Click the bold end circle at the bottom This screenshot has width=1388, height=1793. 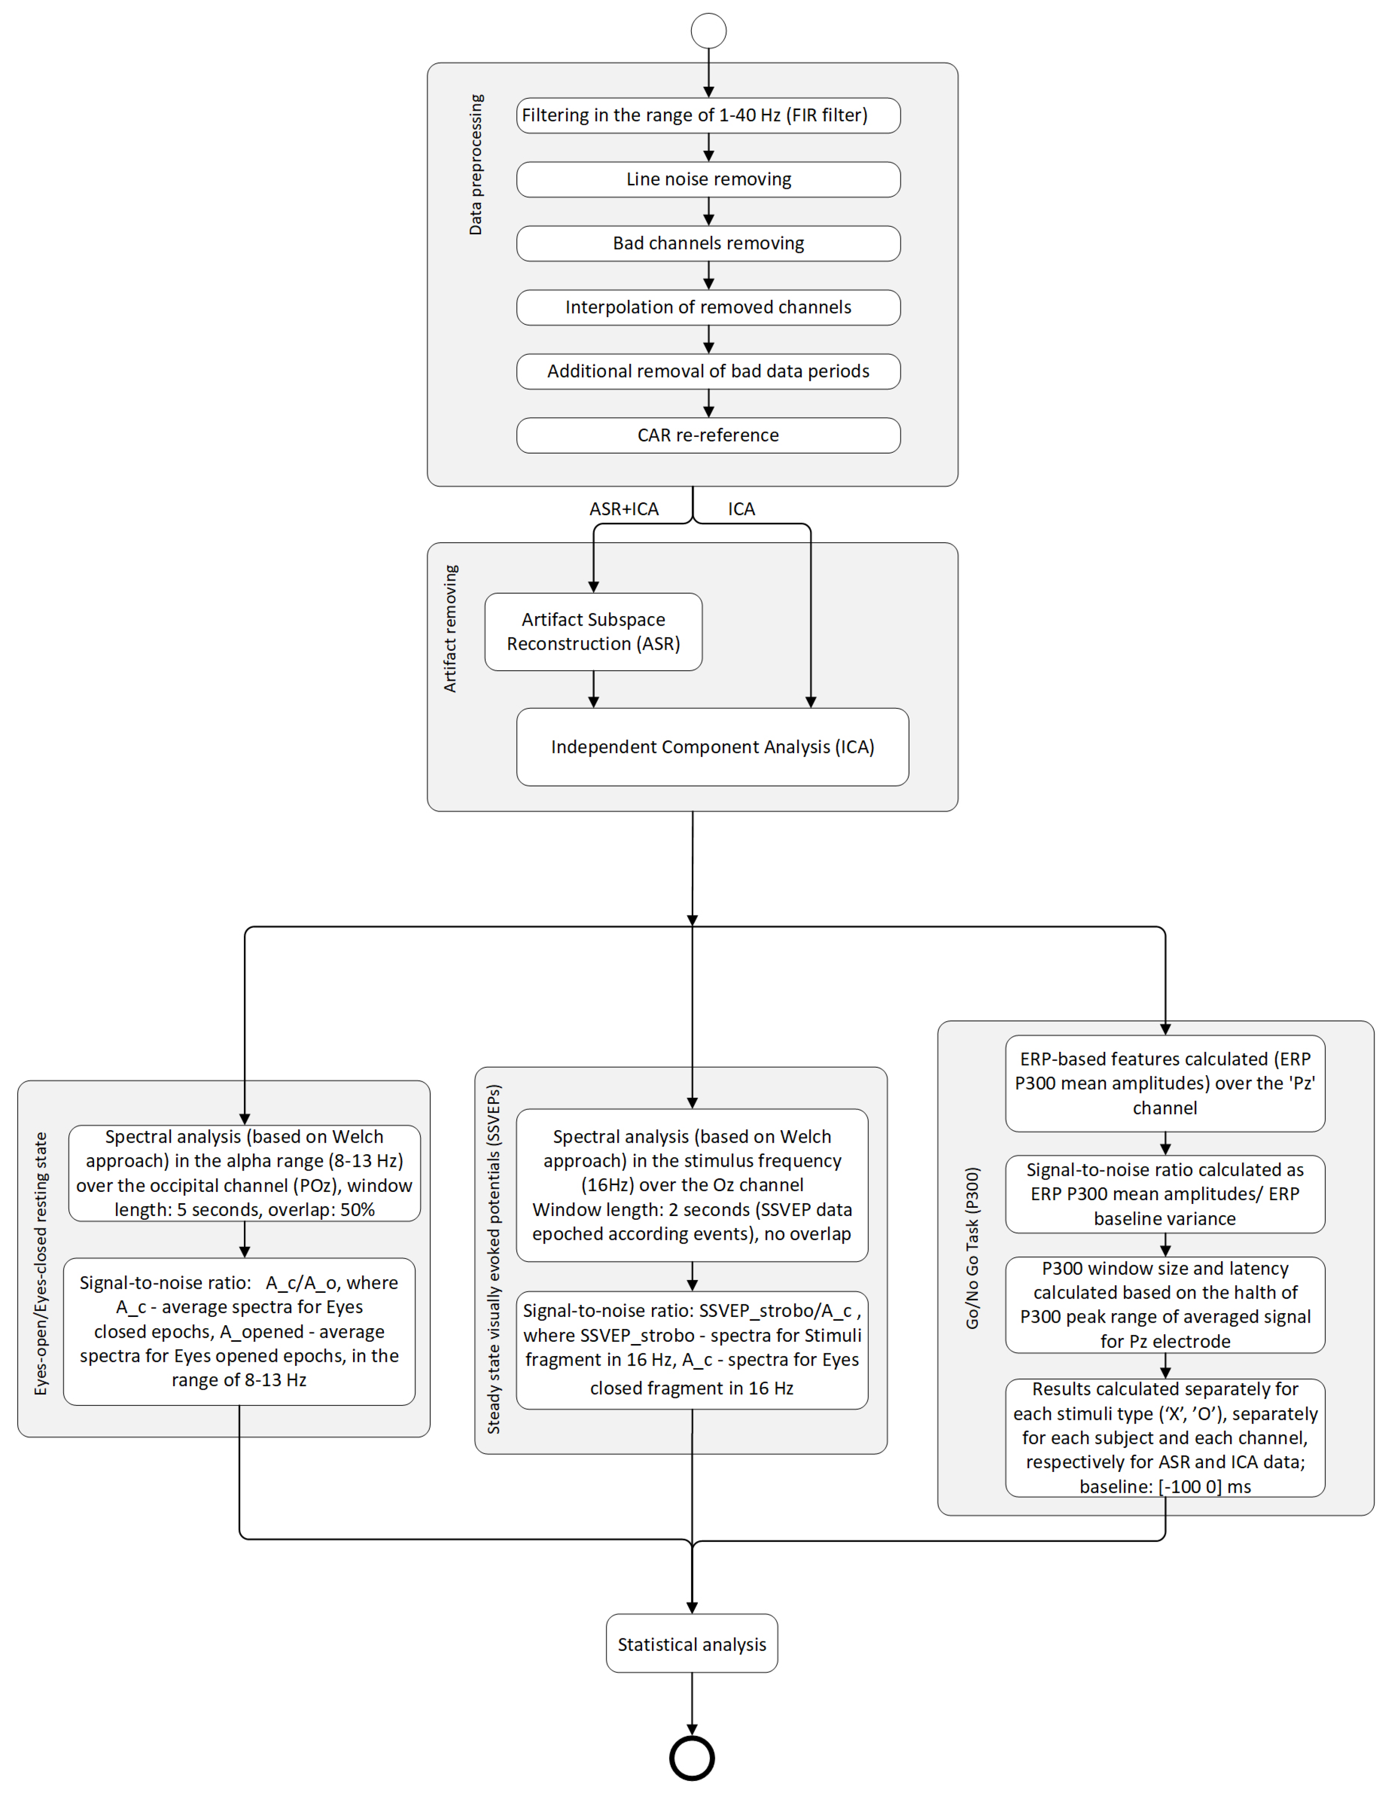(x=692, y=1758)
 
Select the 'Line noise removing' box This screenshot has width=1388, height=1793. (x=708, y=179)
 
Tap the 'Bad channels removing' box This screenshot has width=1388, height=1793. (x=708, y=243)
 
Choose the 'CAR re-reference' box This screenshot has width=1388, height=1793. (x=708, y=435)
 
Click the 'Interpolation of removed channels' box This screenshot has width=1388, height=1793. (x=708, y=307)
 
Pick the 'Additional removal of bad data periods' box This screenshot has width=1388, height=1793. (x=708, y=371)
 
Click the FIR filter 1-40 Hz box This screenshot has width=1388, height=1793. (x=708, y=115)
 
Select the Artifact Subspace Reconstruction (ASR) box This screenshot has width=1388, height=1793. (x=594, y=631)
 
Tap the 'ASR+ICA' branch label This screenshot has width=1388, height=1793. (x=624, y=509)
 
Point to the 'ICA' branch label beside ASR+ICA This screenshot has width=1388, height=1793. (x=741, y=509)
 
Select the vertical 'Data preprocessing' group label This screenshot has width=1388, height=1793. (x=476, y=164)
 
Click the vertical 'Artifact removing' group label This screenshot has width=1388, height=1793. (x=450, y=628)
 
